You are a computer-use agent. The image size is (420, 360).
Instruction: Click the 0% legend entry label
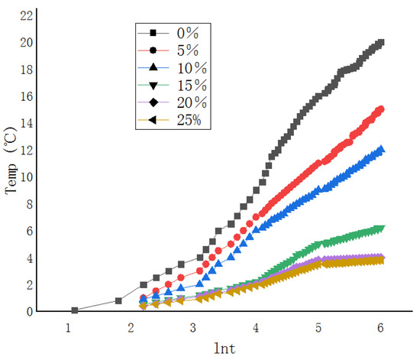click(x=188, y=33)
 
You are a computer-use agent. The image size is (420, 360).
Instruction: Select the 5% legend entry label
click(x=188, y=50)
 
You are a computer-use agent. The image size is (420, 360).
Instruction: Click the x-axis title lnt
click(x=225, y=348)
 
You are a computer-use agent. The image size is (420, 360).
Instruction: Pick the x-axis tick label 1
click(x=69, y=326)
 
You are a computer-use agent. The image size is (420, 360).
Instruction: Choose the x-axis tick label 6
click(x=380, y=326)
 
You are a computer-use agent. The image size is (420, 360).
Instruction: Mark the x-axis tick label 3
click(x=193, y=326)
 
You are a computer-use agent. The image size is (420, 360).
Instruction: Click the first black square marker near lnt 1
click(x=75, y=310)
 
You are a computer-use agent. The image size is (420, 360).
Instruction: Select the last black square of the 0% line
click(x=381, y=43)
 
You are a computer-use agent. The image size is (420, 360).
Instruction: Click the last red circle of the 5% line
click(x=380, y=109)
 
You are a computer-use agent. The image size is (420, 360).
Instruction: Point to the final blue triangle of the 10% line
click(x=380, y=150)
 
